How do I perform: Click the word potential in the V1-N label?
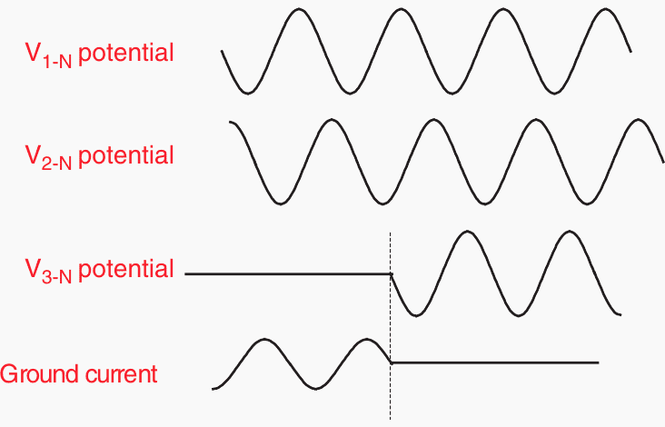coord(126,54)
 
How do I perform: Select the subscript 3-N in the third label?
coord(57,277)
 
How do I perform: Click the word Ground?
coord(40,373)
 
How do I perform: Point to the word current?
coord(122,374)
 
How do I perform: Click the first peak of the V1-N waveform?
coord(299,9)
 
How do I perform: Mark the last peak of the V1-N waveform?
coord(605,9)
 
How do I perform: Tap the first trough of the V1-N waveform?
coord(248,94)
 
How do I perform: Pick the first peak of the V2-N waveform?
coord(332,120)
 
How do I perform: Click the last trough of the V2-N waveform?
coord(587,204)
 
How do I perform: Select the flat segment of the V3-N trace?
coord(288,274)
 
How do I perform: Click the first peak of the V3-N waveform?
coord(467,232)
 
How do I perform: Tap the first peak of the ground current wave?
coord(264,339)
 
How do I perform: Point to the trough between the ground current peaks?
coord(315,389)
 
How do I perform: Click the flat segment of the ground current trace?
coord(494,363)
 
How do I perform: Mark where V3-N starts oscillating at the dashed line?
coord(391,274)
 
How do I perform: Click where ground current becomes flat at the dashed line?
coord(391,363)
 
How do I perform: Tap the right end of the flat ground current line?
coord(599,363)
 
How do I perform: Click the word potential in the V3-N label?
coord(126,269)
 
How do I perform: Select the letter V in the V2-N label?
coord(33,154)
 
